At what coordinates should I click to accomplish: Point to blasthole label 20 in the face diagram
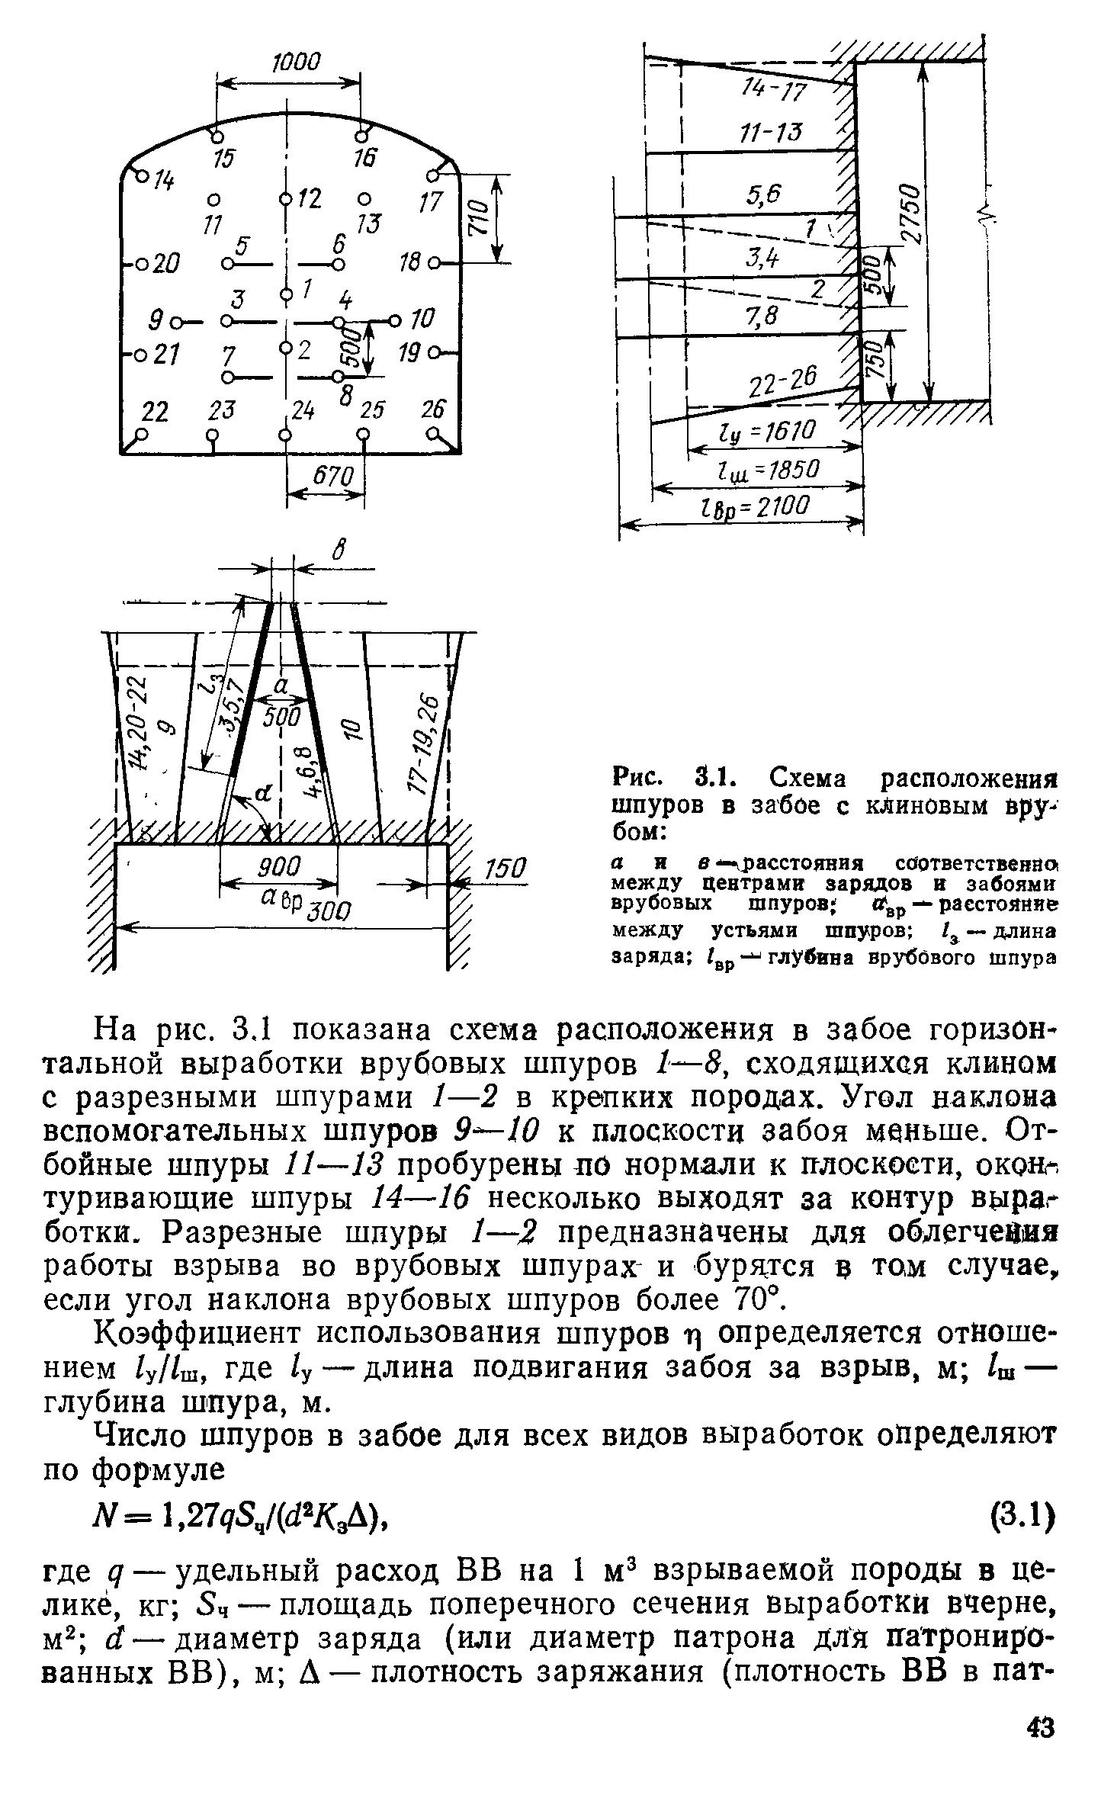162,264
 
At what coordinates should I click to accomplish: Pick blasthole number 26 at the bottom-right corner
433,410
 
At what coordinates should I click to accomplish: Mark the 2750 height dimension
910,214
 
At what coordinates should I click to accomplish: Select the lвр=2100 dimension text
751,506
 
